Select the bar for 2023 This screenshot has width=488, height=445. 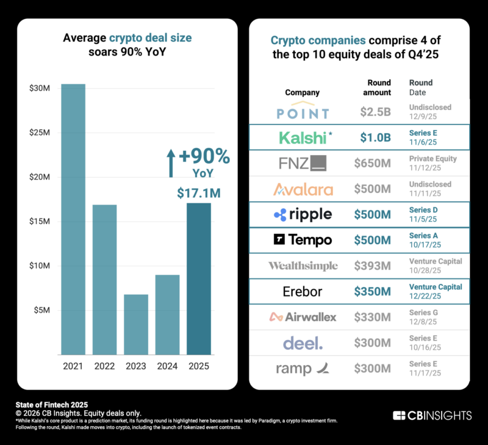tap(136, 324)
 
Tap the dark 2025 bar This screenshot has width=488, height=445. tap(199, 278)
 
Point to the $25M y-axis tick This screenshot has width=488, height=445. tap(40, 132)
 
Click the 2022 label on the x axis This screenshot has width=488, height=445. tap(105, 366)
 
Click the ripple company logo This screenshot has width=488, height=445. tap(303, 214)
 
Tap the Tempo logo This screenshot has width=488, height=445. tap(303, 240)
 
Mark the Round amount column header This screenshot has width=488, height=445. tap(379, 87)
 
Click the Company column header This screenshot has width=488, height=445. tap(302, 93)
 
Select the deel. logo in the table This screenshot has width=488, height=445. tap(303, 342)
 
